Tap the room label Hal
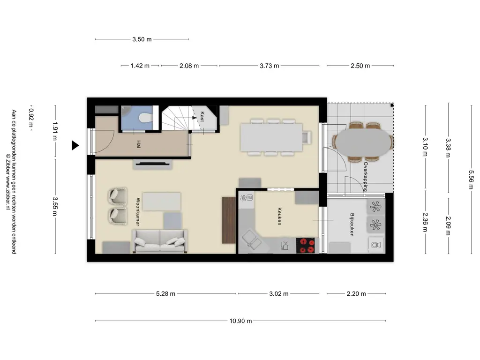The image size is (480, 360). [139, 144]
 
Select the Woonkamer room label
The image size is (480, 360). [138, 212]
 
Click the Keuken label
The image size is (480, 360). [279, 216]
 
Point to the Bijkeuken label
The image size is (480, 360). [352, 225]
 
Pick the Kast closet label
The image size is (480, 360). [202, 117]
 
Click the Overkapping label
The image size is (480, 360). [365, 177]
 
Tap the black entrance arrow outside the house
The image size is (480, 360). [75, 145]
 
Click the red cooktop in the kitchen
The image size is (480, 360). [305, 246]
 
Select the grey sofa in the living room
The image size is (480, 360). [159, 241]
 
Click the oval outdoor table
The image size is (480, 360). [363, 142]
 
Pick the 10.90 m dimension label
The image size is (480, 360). [240, 321]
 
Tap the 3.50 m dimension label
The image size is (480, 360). [142, 39]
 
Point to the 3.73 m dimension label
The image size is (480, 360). [270, 66]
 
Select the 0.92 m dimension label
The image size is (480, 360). [31, 118]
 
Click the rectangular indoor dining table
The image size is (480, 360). [271, 137]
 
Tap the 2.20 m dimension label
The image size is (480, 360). [356, 293]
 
